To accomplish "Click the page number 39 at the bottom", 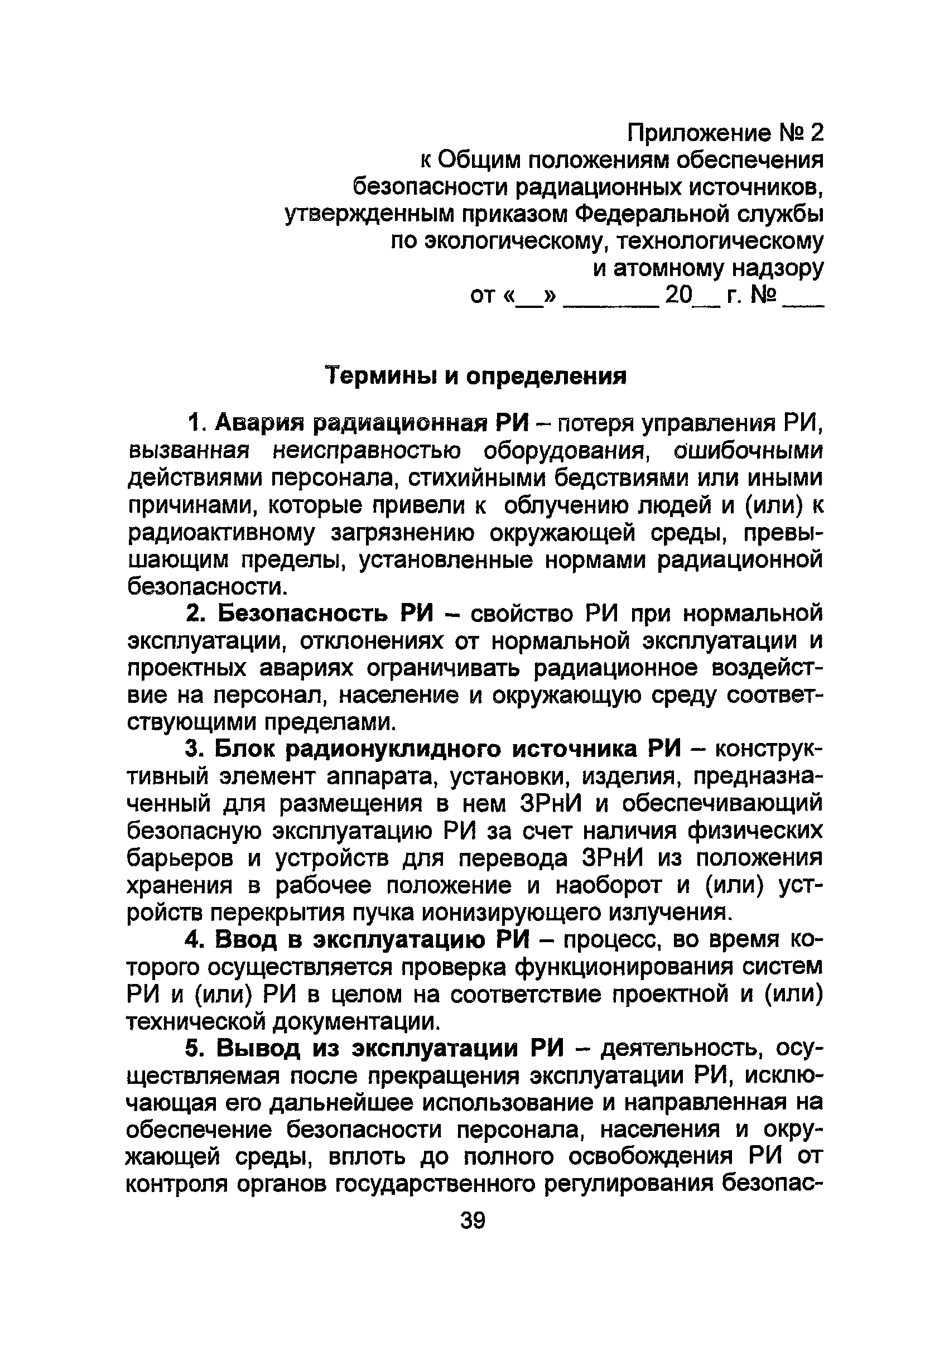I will click(473, 1221).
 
